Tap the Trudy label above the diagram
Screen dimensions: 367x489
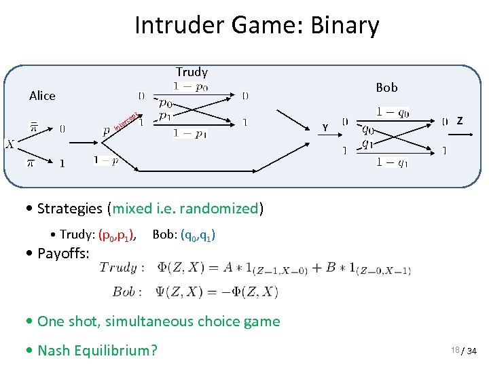point(192,71)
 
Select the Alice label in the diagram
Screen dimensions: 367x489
point(42,96)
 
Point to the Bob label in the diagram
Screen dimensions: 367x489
point(386,87)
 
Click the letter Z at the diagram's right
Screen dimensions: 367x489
point(460,121)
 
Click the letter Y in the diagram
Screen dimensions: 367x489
point(325,127)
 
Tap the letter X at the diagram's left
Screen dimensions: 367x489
point(11,143)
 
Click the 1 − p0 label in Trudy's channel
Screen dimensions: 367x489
point(191,86)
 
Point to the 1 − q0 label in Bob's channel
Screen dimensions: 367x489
point(393,112)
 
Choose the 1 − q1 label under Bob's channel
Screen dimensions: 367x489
point(393,162)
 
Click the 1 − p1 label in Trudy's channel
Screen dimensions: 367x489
point(190,133)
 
